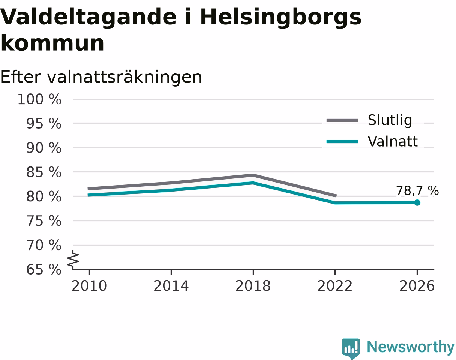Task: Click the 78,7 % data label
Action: (x=417, y=190)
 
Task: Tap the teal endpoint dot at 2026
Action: (x=417, y=203)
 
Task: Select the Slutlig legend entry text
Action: (x=390, y=120)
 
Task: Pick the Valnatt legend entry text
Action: (x=393, y=141)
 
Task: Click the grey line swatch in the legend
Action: (x=342, y=121)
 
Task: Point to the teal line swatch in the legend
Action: (x=342, y=142)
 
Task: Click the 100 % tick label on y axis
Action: (x=39, y=99)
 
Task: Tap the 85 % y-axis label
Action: (x=44, y=172)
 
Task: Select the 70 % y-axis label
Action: (x=44, y=245)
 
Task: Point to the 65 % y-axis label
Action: (x=44, y=270)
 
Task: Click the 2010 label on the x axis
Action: (x=89, y=286)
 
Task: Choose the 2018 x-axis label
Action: (x=253, y=286)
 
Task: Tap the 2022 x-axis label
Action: (x=335, y=286)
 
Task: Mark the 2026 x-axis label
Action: (x=417, y=286)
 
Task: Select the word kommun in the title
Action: (x=52, y=43)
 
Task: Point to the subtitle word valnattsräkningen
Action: (x=124, y=78)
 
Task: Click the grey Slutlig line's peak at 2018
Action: (x=253, y=175)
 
